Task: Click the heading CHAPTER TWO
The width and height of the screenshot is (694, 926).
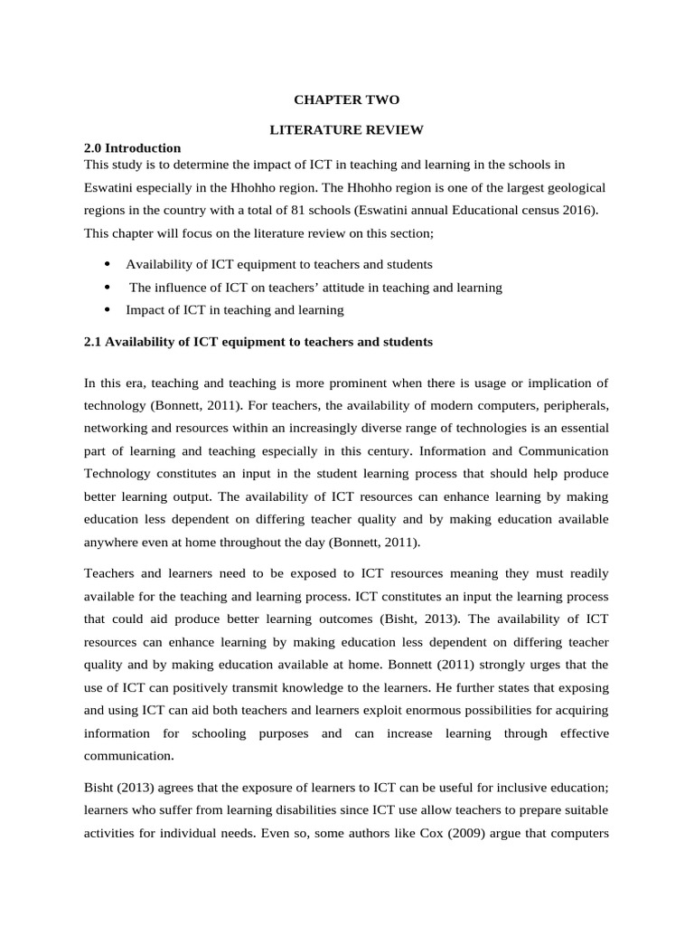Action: click(x=347, y=100)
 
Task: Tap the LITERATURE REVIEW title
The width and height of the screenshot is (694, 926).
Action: click(x=347, y=130)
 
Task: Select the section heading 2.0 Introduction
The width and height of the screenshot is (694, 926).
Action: click(x=132, y=147)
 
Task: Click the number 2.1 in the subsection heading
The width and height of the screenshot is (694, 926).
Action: click(x=93, y=342)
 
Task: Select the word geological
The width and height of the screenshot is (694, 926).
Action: click(x=573, y=187)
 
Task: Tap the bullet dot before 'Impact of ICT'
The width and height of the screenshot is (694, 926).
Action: click(x=108, y=309)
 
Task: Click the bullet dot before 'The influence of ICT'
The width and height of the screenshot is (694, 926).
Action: click(x=108, y=287)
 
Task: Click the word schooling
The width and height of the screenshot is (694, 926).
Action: click(x=216, y=732)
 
